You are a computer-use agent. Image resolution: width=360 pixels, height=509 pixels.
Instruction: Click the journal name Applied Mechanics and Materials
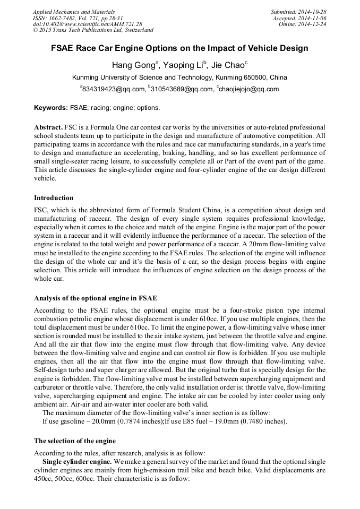click(x=74, y=11)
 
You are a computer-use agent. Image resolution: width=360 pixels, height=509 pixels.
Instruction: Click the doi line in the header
click(x=88, y=24)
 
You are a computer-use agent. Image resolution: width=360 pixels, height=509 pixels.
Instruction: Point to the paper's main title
click(x=179, y=48)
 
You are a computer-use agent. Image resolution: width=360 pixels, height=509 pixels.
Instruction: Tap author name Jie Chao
click(x=229, y=65)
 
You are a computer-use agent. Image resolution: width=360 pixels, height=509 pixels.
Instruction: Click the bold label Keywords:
click(x=51, y=108)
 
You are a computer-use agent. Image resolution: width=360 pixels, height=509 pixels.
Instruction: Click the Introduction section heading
click(x=54, y=198)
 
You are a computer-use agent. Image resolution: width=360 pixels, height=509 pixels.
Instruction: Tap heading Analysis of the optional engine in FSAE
click(x=96, y=298)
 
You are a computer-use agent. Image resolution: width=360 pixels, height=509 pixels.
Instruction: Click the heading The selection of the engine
click(x=75, y=441)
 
